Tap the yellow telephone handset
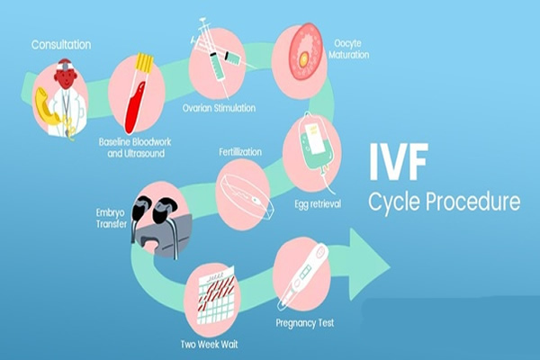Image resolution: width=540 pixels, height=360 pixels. tap(47, 105)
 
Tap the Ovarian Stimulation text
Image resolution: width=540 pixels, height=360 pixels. tap(219, 108)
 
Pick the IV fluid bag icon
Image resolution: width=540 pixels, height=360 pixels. tap(311, 143)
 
